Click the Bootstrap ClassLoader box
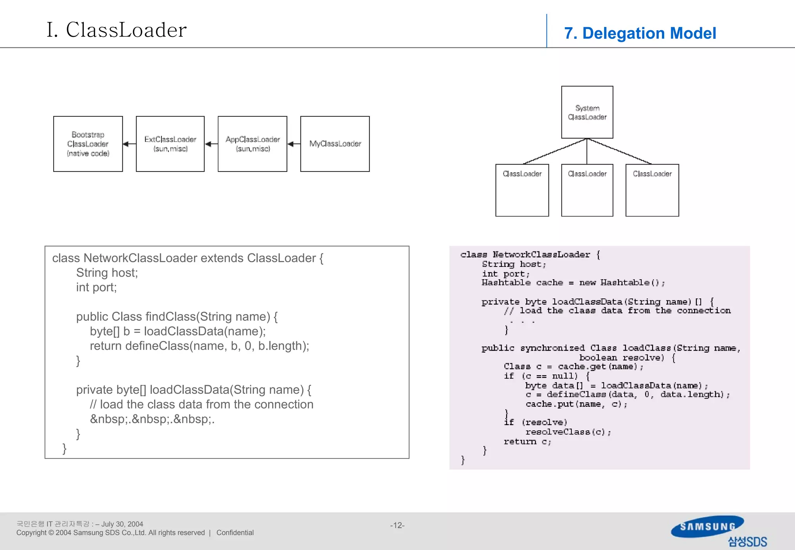coord(88,144)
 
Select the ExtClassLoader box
coord(170,144)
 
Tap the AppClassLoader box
coord(252,144)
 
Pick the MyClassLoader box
coord(335,144)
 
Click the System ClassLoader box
coord(587,112)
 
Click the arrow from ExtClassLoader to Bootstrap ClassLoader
coord(129,144)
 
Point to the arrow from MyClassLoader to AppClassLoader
coord(294,144)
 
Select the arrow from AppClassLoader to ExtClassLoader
coord(211,144)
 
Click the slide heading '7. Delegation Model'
coord(640,33)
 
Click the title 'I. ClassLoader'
coord(116,30)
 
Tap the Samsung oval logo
coord(707,526)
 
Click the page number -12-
coord(397,525)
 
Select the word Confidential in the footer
coord(235,533)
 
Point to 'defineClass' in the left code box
coord(157,346)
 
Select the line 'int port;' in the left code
coord(96,287)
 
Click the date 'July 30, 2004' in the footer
coord(122,524)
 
